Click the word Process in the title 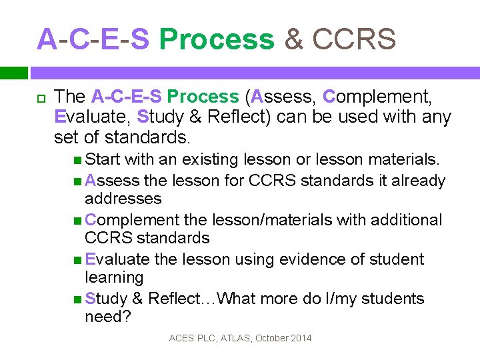click(217, 40)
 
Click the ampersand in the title click(293, 40)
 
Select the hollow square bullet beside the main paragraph click(40, 98)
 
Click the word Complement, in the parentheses click(377, 97)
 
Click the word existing click(217, 159)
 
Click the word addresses click(123, 199)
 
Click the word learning click(114, 277)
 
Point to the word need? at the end click(108, 317)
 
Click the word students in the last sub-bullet click(391, 298)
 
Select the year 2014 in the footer click(300, 339)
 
